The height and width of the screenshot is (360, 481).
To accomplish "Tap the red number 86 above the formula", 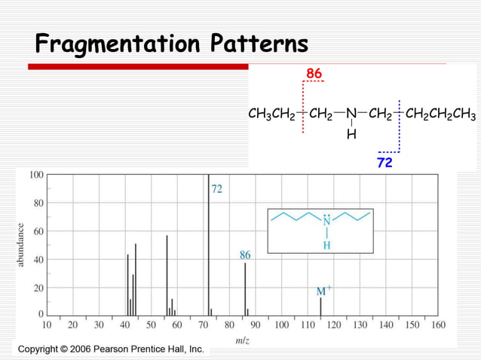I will tap(314, 73).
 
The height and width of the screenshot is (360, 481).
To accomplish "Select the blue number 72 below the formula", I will tap(384, 162).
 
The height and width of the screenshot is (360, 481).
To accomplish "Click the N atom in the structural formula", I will tap(351, 115).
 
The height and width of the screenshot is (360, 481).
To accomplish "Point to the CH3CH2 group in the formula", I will tap(271, 115).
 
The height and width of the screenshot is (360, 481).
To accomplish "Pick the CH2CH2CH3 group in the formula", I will tap(440, 115).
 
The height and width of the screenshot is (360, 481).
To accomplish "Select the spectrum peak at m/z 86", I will tap(245, 290).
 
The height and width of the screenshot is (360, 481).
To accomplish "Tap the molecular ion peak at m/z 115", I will tap(320, 307).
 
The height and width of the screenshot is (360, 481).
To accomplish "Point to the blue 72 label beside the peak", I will tap(216, 189).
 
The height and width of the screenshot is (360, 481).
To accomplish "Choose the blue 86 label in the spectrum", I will tap(245, 255).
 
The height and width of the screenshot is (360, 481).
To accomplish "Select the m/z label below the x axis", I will tap(243, 341).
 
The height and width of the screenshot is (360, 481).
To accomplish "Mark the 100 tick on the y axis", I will tap(35, 175).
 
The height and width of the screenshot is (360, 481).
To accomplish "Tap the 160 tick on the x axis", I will tap(437, 325).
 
